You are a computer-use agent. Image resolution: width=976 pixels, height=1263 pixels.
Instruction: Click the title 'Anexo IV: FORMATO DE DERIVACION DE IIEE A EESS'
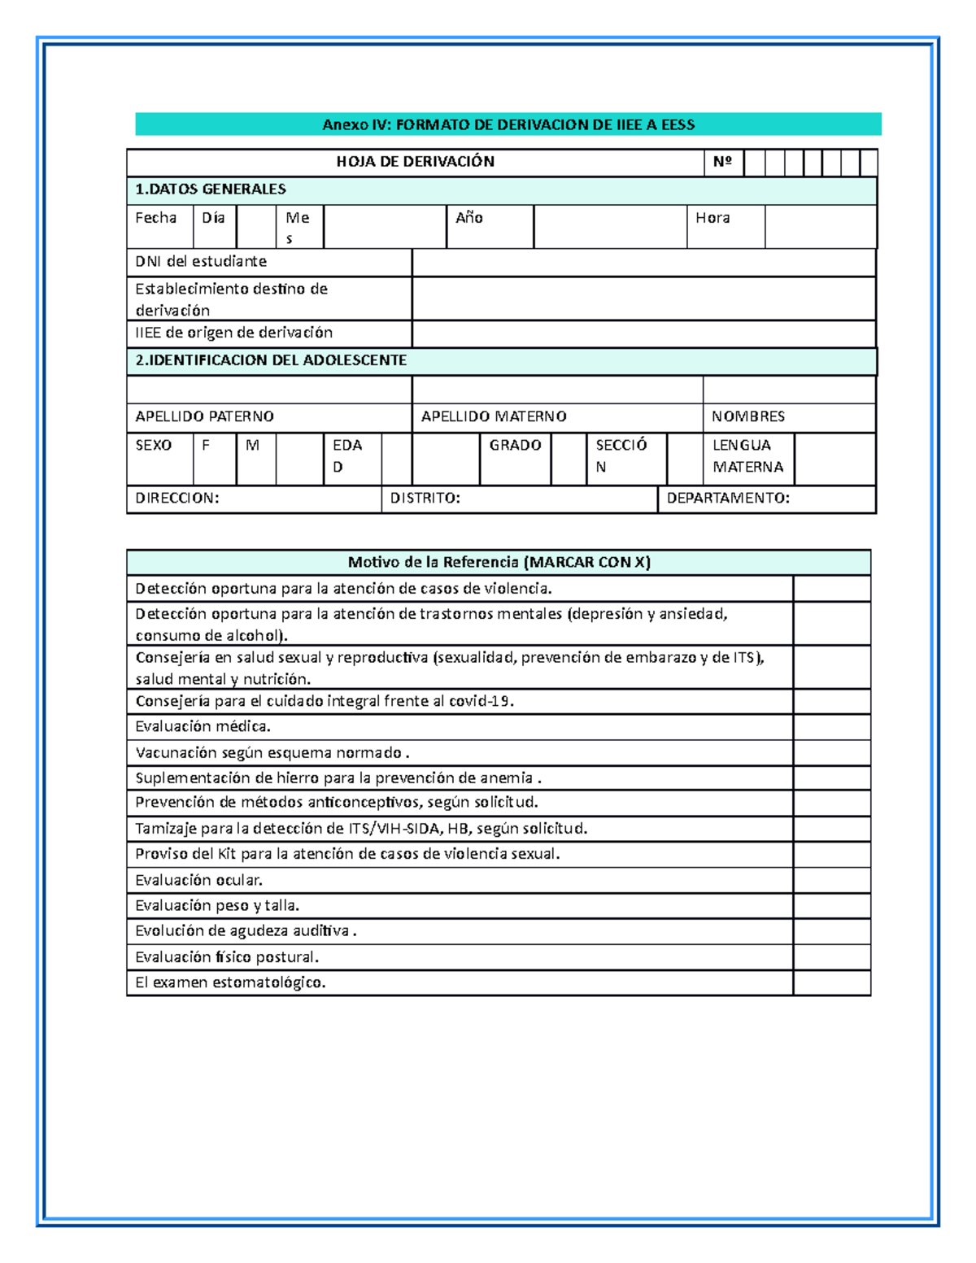coord(508,124)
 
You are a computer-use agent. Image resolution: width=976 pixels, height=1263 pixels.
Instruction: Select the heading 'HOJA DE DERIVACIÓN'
coord(415,162)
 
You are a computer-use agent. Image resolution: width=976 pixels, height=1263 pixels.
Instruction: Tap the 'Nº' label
coord(722,162)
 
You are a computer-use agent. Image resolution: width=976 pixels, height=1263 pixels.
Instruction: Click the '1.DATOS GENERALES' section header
coord(211,189)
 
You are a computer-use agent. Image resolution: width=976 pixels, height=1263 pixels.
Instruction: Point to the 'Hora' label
coord(712,218)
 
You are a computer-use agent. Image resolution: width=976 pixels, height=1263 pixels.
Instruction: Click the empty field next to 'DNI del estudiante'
coord(643,263)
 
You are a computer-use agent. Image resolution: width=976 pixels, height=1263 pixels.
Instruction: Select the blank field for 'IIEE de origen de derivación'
coord(643,333)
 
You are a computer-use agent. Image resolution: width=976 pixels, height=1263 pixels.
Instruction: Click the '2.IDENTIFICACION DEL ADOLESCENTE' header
coord(271,360)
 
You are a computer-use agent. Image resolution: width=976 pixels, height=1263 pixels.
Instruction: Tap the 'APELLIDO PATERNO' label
coord(204,416)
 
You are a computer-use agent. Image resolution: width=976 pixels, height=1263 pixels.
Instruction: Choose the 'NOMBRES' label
coord(748,416)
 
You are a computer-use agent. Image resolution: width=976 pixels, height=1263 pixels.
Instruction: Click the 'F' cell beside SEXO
coord(207,446)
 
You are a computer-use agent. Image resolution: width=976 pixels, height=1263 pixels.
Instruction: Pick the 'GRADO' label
coord(515,446)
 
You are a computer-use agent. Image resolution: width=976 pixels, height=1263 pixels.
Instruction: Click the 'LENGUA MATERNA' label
coord(747,456)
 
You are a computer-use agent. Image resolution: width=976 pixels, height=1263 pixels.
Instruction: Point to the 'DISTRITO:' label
coord(425,499)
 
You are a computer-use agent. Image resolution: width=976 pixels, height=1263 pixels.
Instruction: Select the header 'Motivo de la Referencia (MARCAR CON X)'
coord(499,562)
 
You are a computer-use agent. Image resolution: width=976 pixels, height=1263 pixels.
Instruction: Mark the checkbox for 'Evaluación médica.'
coord(831,727)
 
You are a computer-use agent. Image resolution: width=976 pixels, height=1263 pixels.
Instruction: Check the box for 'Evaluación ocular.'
coord(831,880)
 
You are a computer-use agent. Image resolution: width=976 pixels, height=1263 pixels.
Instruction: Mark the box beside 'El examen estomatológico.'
coord(831,982)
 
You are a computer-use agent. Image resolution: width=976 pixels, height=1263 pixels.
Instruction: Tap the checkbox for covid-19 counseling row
coord(831,702)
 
